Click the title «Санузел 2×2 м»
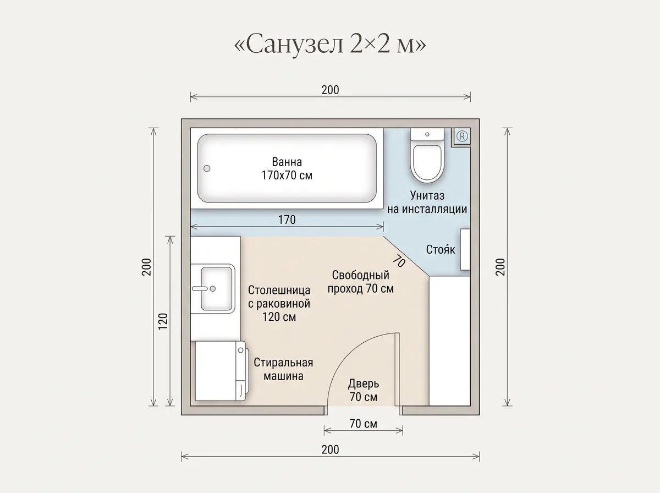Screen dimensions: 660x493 [330, 44]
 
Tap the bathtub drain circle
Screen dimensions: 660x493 [207, 168]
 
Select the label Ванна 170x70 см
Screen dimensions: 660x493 [287, 168]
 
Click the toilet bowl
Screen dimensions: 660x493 [427, 163]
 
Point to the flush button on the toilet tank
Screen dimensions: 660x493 [427, 134]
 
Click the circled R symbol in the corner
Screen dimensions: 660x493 [462, 136]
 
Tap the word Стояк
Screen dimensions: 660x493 [441, 249]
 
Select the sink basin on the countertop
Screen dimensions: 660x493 [217, 289]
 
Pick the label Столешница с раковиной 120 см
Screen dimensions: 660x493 [279, 304]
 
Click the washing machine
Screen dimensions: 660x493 [222, 371]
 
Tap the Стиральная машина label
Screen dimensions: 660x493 [283, 369]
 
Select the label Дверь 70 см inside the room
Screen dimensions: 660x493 [363, 390]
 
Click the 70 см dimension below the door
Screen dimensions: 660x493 [363, 424]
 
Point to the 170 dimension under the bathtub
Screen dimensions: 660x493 [287, 220]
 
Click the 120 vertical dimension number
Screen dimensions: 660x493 [163, 321]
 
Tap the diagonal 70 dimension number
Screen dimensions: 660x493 [399, 261]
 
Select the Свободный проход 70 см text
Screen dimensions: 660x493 [360, 282]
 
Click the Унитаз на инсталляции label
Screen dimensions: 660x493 [427, 202]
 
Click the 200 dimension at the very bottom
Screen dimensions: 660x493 [330, 450]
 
